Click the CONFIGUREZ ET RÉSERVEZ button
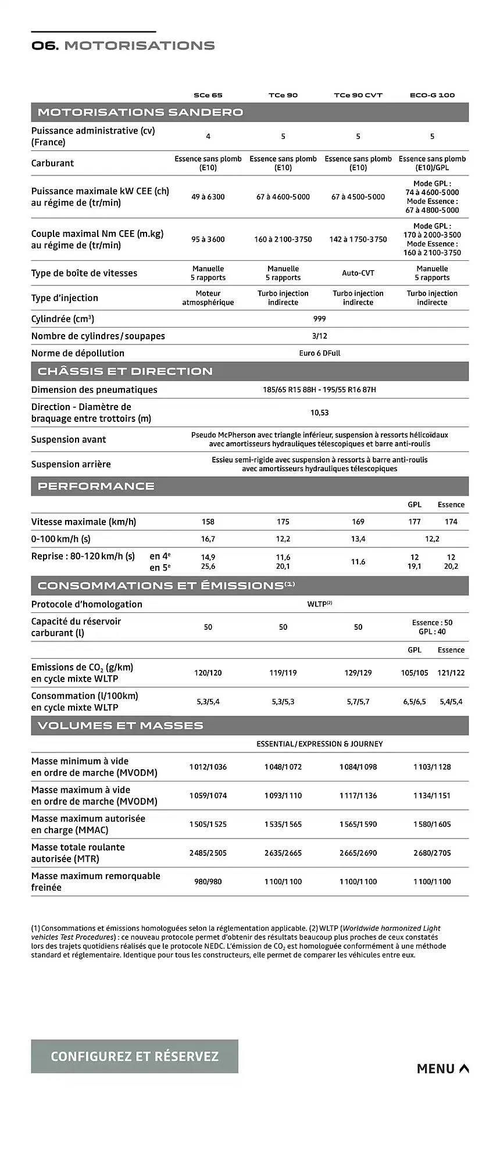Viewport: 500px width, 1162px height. (134, 1056)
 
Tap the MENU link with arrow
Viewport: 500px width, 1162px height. (442, 1068)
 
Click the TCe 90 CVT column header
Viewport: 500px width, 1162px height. (358, 95)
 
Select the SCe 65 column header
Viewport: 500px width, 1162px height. (208, 95)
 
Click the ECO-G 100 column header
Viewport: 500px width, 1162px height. (432, 95)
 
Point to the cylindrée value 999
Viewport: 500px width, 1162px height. (319, 319)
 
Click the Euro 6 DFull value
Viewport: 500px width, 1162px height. (319, 353)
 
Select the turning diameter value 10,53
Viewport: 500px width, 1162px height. (319, 413)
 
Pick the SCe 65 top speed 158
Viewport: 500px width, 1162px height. (208, 522)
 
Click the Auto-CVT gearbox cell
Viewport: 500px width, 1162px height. (358, 273)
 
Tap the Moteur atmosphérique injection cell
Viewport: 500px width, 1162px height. (208, 298)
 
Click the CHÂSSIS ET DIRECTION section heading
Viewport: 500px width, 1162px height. (125, 371)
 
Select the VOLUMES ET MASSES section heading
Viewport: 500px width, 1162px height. (120, 725)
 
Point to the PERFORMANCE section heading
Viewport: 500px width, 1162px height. (96, 486)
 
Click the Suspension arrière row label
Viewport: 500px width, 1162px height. (71, 464)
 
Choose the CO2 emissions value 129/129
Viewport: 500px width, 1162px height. (358, 673)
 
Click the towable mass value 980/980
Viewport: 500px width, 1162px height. (208, 881)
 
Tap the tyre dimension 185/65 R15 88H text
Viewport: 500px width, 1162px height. (288, 390)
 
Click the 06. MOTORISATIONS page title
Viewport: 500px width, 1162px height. (123, 45)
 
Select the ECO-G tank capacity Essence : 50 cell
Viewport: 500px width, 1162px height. (432, 622)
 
